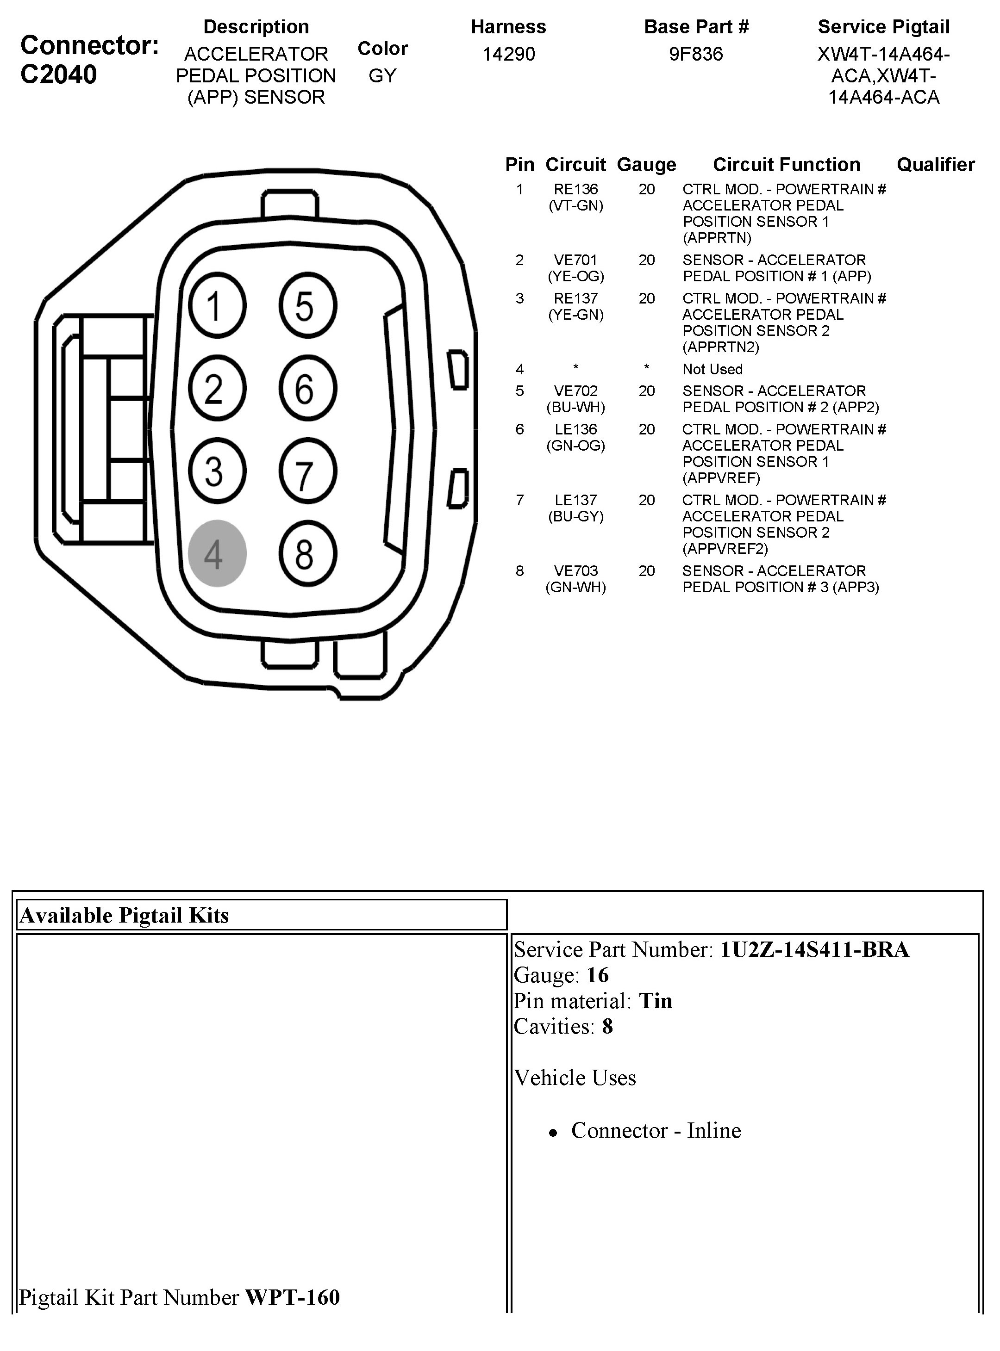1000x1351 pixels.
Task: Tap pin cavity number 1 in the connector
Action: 217,305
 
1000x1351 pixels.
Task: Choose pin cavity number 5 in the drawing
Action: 307,305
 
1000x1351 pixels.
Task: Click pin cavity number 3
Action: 217,471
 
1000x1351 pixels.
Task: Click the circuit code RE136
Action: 575,189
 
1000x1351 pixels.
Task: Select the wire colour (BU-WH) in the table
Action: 575,407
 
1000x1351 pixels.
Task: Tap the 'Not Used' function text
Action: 712,369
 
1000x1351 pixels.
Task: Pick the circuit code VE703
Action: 575,570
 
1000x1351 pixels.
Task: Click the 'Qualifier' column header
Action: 935,165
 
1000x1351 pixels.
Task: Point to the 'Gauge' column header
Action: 646,165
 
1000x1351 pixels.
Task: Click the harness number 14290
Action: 508,55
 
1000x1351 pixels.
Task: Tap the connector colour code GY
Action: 382,75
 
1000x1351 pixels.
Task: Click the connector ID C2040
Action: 59,75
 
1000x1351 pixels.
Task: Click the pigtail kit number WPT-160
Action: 293,1298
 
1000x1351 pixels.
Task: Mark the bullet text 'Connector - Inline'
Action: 656,1130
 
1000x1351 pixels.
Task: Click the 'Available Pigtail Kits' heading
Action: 125,915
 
